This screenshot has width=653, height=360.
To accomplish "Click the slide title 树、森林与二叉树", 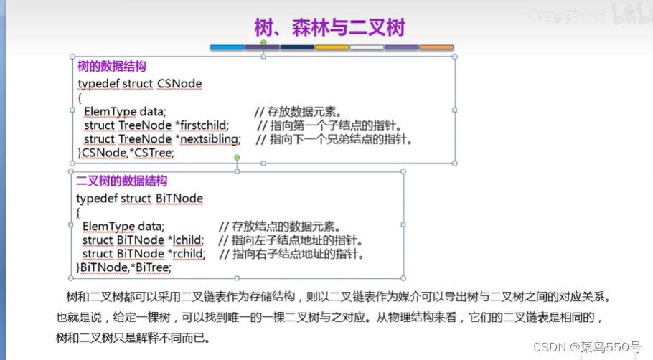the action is click(329, 27).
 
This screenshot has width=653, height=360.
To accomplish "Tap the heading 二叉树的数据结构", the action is click(121, 181).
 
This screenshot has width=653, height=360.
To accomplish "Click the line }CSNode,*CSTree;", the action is click(126, 153).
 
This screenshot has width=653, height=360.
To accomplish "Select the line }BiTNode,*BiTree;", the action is click(123, 267).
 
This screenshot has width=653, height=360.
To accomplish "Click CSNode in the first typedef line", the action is click(179, 84).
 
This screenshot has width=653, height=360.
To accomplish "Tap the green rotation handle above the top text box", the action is click(263, 43).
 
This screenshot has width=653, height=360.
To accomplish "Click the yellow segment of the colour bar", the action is click(332, 47).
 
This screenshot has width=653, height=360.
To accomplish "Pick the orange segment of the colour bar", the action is click(436, 47).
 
